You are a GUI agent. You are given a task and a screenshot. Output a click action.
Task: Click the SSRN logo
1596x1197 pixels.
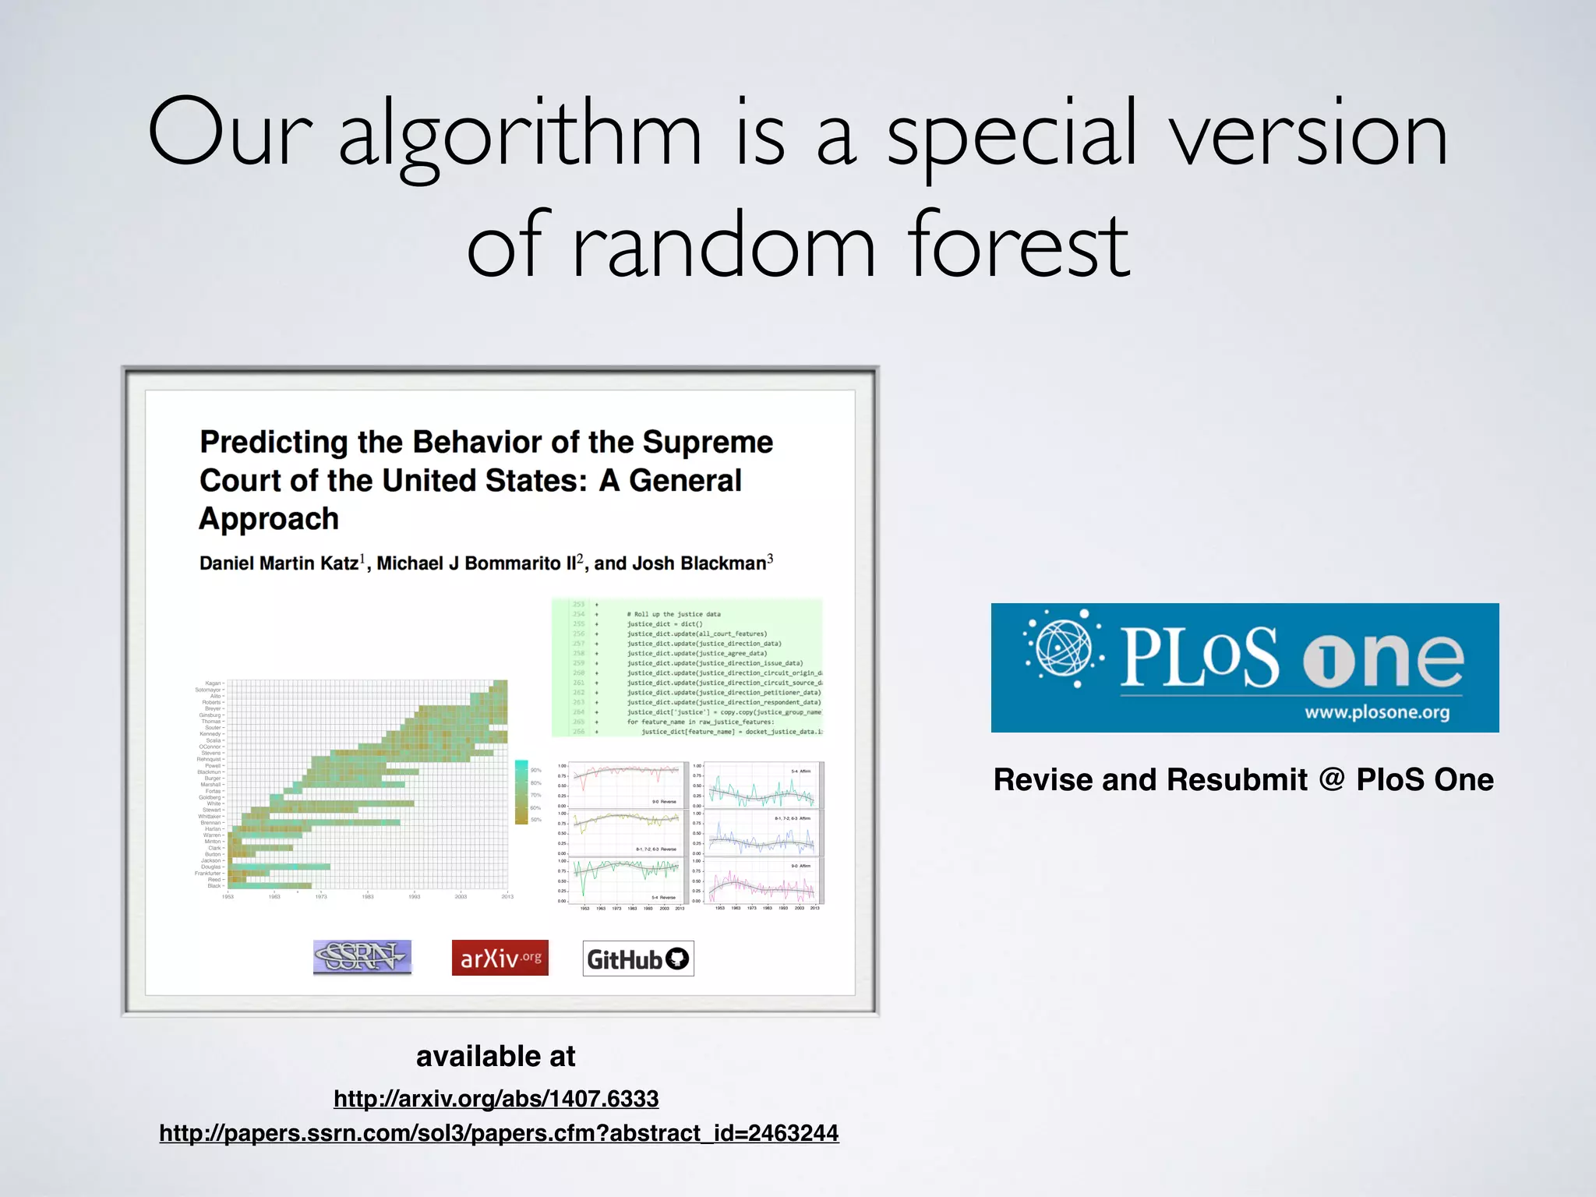click(362, 957)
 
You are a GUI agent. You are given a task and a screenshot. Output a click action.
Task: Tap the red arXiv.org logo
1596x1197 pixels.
click(500, 958)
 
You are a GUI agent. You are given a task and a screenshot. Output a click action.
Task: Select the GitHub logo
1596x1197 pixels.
click(638, 959)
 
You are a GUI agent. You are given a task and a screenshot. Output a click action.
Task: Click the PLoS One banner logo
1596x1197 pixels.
click(1245, 667)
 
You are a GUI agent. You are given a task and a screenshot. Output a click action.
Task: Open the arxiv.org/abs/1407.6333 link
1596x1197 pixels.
click(496, 1099)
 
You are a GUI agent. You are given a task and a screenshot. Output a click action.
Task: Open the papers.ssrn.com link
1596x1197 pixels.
click(499, 1133)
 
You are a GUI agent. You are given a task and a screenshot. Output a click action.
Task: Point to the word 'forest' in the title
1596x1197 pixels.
click(1019, 245)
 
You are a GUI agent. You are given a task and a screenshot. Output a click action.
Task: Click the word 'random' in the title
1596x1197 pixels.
click(725, 245)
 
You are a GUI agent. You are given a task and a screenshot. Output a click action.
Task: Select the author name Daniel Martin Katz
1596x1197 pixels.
click(279, 563)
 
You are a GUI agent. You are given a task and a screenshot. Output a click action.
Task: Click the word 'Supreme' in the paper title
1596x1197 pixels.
click(708, 442)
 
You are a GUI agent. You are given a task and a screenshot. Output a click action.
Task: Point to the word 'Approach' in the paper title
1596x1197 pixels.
click(269, 519)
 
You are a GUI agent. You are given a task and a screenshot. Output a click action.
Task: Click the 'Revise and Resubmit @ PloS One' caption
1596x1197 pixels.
click(1244, 780)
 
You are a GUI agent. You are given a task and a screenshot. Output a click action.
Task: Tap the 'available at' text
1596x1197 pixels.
click(496, 1057)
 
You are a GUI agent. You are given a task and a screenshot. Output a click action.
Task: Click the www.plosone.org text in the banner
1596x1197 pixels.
click(1377, 712)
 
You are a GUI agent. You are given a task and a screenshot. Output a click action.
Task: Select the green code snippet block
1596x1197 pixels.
click(687, 668)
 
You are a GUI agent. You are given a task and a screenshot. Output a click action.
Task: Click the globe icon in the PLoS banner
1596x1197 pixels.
click(1064, 648)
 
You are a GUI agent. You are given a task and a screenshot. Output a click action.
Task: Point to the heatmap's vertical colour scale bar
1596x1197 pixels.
click(521, 792)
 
